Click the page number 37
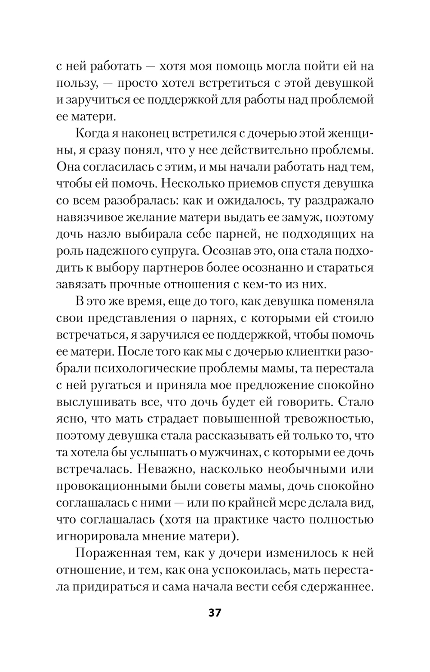(x=215, y=613)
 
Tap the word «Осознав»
(x=226, y=251)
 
